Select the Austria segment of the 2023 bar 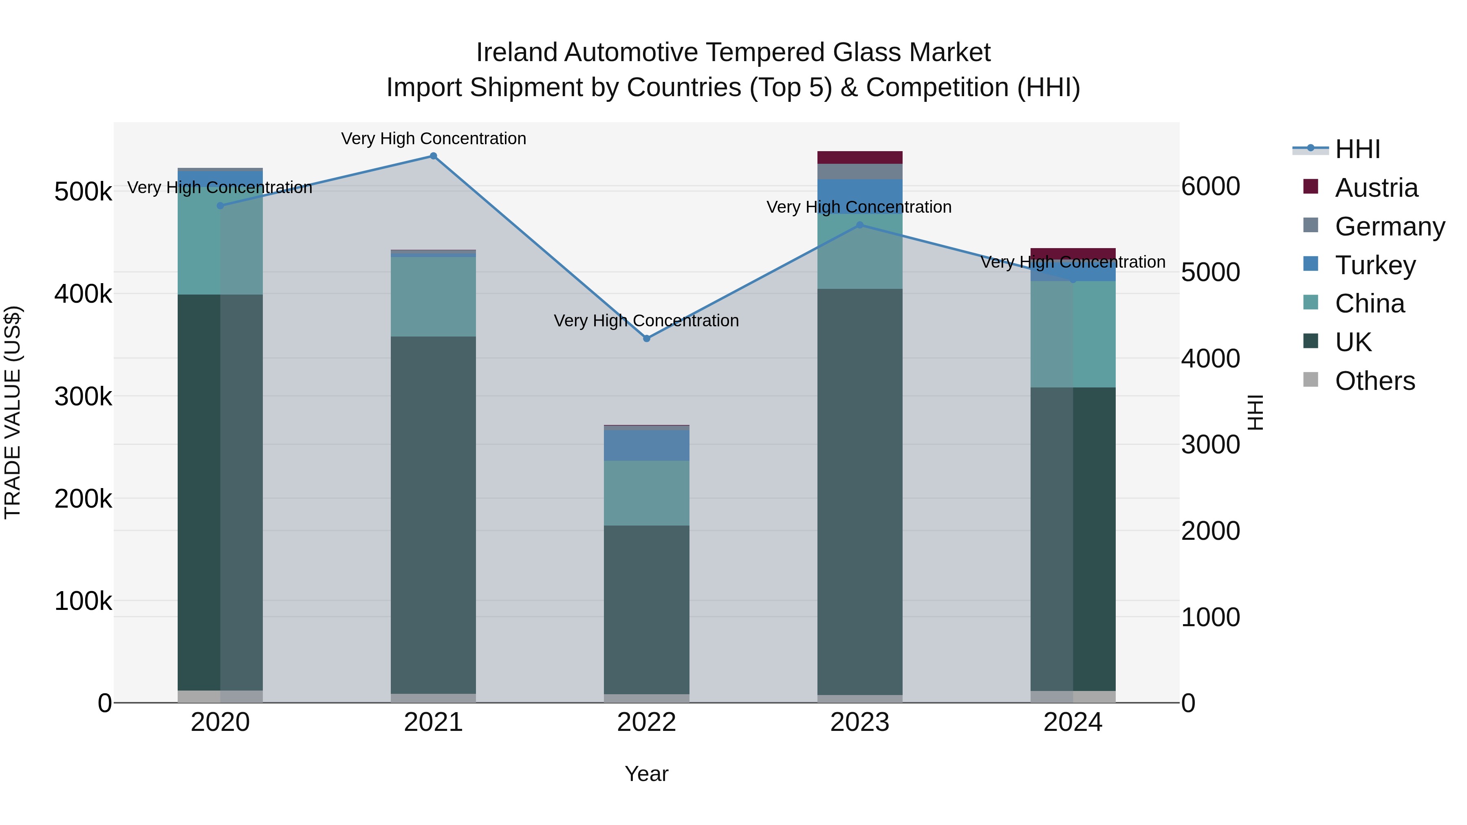pos(859,158)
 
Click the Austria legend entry pos(1375,188)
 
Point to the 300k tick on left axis pos(83,397)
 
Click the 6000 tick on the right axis pos(1210,187)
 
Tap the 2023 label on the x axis pos(859,722)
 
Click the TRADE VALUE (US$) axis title pos(13,412)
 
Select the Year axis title pos(646,774)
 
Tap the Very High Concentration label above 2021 pos(434,139)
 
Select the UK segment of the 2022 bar pos(646,609)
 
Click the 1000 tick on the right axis pos(1210,617)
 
